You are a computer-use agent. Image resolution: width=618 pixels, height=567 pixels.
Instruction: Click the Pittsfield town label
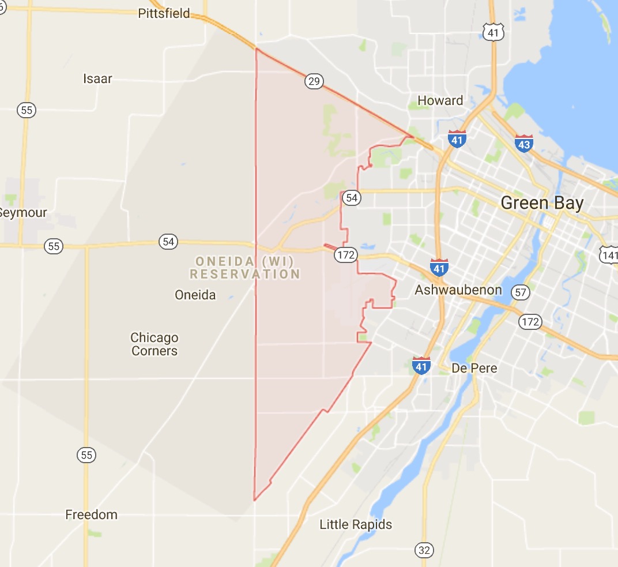pos(164,13)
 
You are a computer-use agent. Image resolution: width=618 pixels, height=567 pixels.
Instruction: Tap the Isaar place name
pos(97,78)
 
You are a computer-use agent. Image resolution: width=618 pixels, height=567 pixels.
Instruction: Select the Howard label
pos(440,100)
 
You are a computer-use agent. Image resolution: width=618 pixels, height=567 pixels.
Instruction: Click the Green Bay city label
pos(542,203)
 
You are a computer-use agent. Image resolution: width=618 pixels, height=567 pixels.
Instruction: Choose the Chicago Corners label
pos(154,344)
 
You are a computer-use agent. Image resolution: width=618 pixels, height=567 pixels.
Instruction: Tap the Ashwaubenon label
pos(458,290)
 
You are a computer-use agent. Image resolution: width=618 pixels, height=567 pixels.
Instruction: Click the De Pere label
pos(474,368)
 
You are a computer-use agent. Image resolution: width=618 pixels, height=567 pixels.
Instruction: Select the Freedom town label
pos(91,515)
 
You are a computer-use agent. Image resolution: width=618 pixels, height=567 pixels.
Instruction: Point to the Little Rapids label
pos(356,524)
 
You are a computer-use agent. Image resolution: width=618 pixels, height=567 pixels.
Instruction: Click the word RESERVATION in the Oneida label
pos(245,275)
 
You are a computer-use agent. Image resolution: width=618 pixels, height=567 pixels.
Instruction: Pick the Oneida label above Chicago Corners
pos(195,295)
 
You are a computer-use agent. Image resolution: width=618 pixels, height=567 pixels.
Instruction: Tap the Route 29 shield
pos(314,82)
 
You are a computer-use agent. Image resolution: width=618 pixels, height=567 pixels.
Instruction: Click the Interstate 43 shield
pos(523,143)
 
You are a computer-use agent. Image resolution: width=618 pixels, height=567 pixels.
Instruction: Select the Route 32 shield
pos(424,550)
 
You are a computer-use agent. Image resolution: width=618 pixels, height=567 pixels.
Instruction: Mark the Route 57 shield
pos(521,292)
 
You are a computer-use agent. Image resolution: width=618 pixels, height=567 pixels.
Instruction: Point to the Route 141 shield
pos(609,254)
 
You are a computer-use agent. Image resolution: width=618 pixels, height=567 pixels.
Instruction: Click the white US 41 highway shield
pos(493,32)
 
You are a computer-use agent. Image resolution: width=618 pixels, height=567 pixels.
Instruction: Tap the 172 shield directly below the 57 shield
pos(530,321)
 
